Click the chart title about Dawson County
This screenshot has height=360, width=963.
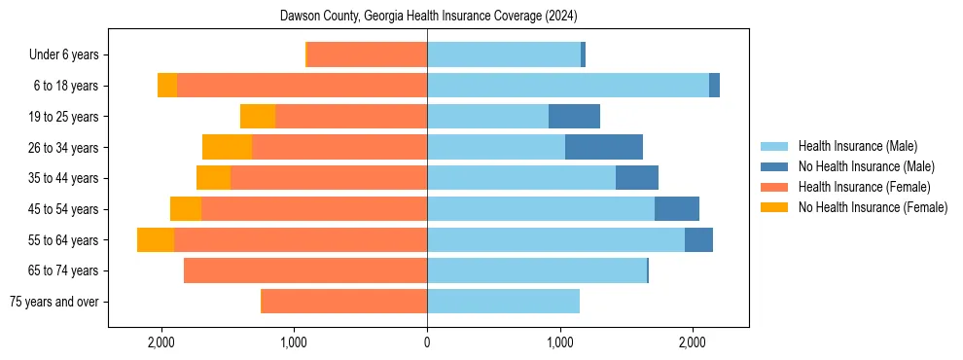point(428,17)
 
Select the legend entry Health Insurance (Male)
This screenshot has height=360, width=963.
point(851,146)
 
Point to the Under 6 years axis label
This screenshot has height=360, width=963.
point(70,55)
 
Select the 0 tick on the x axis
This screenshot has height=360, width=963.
point(427,342)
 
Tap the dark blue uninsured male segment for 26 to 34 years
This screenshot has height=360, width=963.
point(603,148)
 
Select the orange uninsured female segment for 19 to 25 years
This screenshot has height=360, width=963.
point(258,117)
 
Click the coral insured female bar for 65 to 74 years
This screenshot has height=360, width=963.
point(305,270)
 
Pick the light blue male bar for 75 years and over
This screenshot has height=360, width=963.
point(503,302)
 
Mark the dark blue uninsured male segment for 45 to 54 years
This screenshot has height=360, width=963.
point(676,209)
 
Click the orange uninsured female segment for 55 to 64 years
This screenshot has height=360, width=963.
point(156,240)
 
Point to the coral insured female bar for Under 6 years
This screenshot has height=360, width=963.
point(367,55)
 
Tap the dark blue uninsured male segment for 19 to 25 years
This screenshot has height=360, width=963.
point(574,117)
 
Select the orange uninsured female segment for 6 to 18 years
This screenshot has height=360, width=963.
point(167,86)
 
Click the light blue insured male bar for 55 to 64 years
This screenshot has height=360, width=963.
point(555,240)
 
